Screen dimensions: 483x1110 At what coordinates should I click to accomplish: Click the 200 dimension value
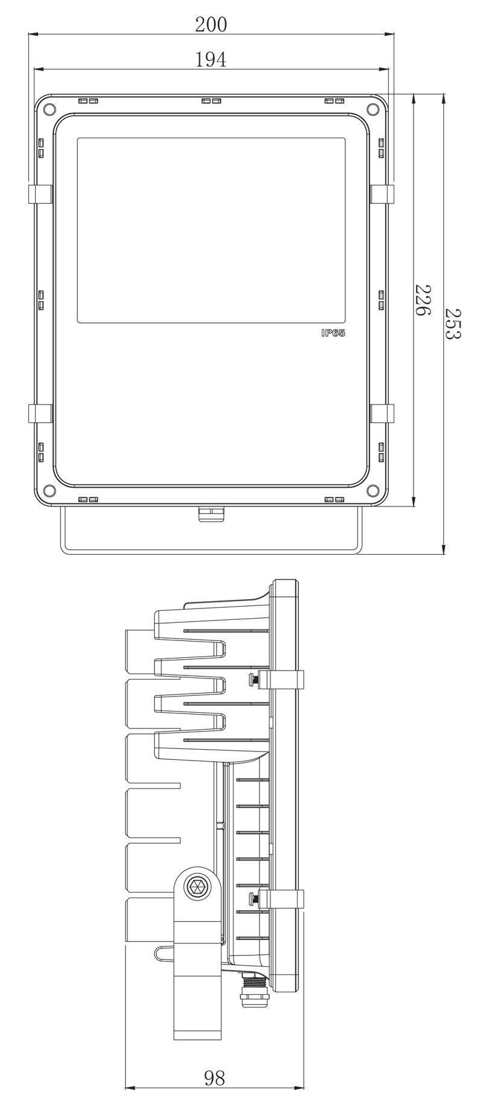tap(211, 24)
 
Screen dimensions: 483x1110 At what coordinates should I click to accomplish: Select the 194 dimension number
tap(211, 59)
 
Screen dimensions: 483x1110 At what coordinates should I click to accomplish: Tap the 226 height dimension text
tap(422, 300)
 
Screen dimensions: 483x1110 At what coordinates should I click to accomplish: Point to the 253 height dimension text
tap(453, 324)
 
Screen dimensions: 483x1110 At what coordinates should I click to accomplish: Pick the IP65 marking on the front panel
tap(333, 333)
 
